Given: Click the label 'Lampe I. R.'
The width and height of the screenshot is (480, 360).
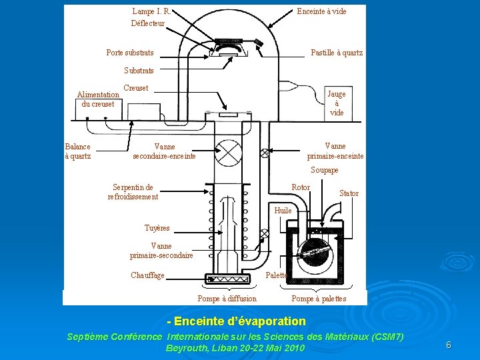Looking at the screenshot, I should click(x=151, y=11).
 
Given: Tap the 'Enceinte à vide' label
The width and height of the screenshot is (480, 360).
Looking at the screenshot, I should click(x=321, y=11).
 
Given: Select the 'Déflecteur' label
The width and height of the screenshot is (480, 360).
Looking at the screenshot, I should click(x=147, y=23).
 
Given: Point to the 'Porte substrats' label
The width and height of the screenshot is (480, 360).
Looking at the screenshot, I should click(x=130, y=53).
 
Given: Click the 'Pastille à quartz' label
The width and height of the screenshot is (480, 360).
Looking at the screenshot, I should click(x=337, y=53).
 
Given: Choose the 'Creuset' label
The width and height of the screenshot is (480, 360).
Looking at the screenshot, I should click(x=136, y=88).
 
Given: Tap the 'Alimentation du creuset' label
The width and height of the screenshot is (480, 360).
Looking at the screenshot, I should click(x=98, y=99).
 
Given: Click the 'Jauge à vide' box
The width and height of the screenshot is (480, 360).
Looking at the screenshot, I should click(x=337, y=103).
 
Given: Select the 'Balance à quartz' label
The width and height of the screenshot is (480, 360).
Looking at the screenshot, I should click(x=78, y=151).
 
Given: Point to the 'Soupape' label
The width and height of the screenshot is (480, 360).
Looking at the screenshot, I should click(x=325, y=171).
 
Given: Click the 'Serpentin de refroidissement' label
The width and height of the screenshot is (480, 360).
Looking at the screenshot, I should click(x=133, y=192).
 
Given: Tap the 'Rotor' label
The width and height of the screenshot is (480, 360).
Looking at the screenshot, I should click(x=301, y=187).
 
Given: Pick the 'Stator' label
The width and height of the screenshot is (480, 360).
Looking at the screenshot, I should click(x=349, y=193).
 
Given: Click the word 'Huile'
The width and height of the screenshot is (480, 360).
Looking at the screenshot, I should click(x=283, y=211).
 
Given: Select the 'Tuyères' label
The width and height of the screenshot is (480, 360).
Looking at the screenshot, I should click(x=157, y=228).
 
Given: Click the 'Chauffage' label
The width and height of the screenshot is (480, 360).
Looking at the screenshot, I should click(x=147, y=275).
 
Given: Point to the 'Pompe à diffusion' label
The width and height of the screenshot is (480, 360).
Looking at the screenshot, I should click(x=227, y=299).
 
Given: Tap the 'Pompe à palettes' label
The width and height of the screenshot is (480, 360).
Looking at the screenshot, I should click(x=319, y=299).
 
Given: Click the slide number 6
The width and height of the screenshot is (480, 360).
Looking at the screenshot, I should click(x=449, y=345).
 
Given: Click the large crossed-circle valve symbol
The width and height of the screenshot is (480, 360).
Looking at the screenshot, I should click(x=230, y=153).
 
